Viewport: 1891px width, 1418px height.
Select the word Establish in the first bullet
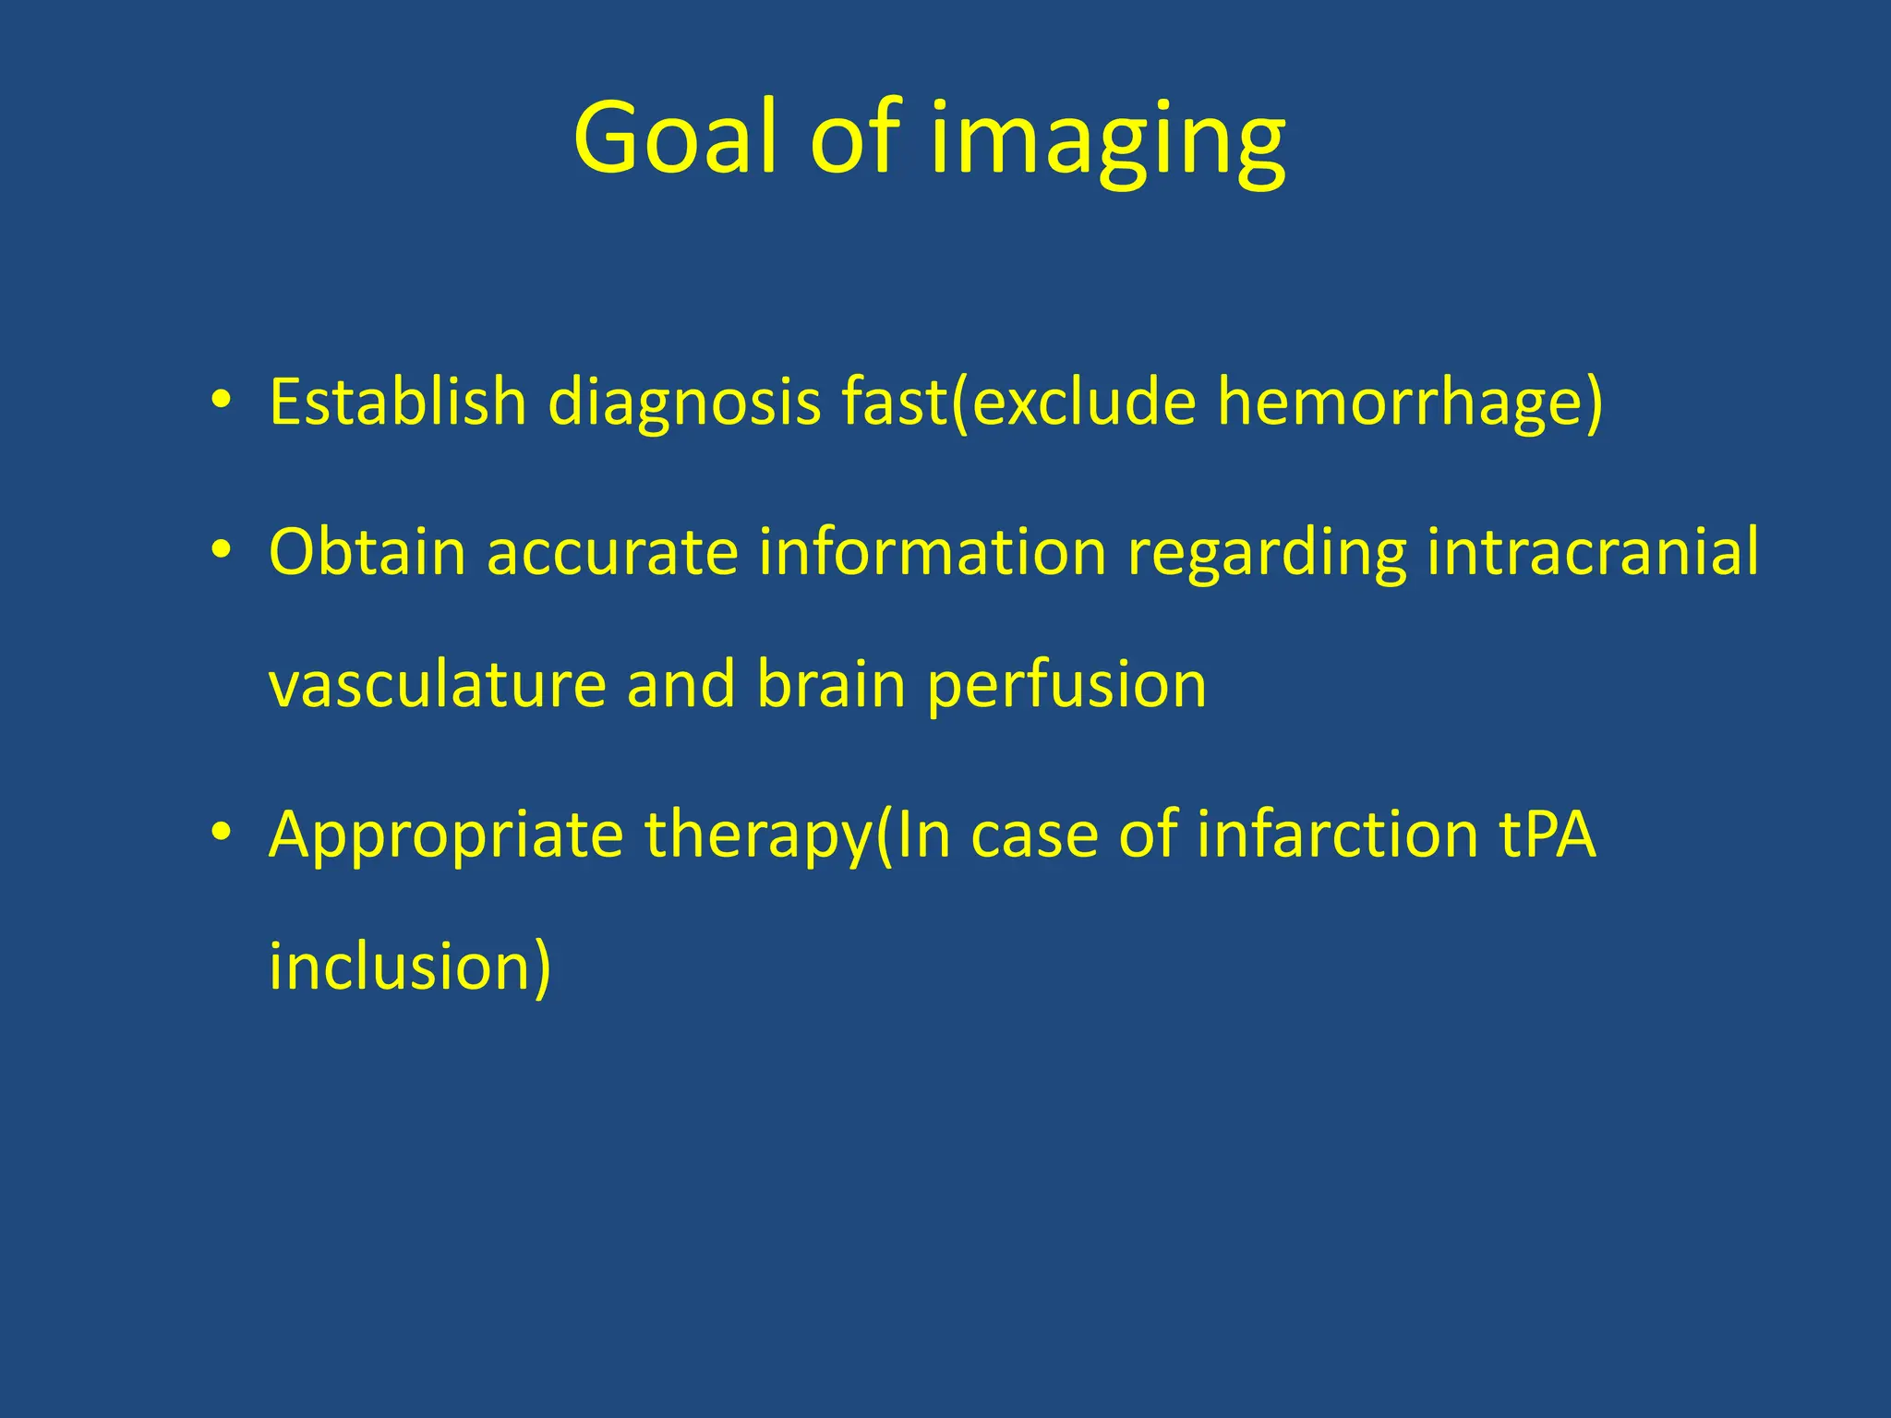[x=397, y=403]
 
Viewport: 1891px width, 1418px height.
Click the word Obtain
[x=367, y=552]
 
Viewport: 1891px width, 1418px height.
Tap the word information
[x=933, y=552]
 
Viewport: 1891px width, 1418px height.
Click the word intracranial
[x=1593, y=552]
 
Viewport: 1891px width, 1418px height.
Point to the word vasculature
[x=437, y=686]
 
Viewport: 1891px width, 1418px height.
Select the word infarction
[x=1338, y=835]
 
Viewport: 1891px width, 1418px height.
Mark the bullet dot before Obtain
[x=220, y=551]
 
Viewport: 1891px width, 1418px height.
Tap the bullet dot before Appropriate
[x=220, y=833]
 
